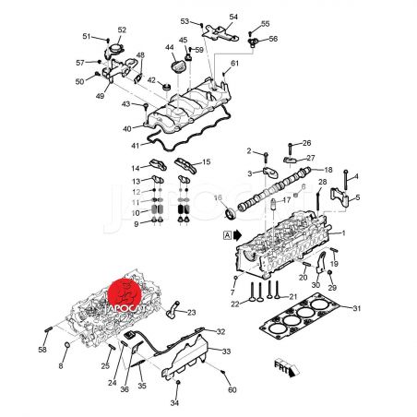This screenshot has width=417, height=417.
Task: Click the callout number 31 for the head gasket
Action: tap(356, 308)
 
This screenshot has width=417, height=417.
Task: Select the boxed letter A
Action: tap(227, 235)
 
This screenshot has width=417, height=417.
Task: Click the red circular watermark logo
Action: tap(125, 294)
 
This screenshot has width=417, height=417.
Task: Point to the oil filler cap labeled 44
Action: tap(178, 66)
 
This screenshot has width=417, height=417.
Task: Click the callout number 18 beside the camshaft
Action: tap(328, 170)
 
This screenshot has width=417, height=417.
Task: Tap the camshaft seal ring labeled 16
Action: tap(231, 214)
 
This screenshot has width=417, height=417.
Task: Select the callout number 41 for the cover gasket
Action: tap(136, 146)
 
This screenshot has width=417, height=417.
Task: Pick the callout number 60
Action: tap(232, 389)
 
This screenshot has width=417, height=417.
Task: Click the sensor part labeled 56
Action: tap(253, 42)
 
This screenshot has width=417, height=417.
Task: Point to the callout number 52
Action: tap(122, 30)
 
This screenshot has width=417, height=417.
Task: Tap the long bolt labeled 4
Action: tap(346, 180)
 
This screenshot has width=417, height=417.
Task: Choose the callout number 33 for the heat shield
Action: tap(226, 351)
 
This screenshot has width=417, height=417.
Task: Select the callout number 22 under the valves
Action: tap(235, 304)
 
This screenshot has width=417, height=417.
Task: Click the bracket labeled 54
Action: tap(220, 33)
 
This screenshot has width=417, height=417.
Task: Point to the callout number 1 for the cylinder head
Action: tap(343, 233)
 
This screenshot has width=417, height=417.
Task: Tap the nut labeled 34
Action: tap(178, 383)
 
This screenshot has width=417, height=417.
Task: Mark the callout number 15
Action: tap(207, 161)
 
